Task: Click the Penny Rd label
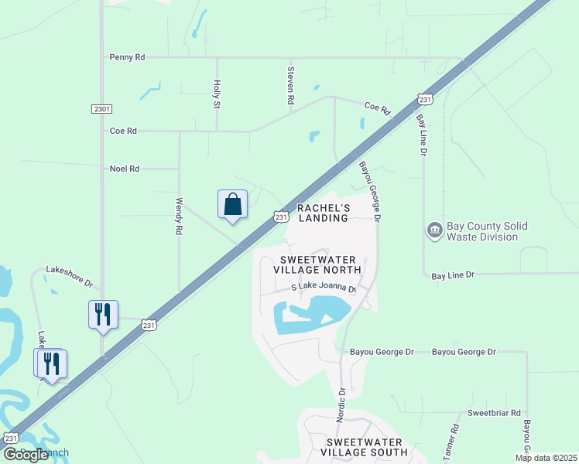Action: pos(127,57)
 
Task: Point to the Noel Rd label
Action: pos(124,168)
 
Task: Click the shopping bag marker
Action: pos(232,205)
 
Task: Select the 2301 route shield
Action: pos(101,109)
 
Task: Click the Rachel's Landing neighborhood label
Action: pos(324,213)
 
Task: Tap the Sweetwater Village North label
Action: pos(317,264)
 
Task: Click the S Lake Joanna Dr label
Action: pos(324,288)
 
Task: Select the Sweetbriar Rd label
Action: pos(494,414)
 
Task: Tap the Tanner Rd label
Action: pos(451,438)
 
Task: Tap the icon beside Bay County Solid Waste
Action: pos(434,230)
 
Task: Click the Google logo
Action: pos(26,455)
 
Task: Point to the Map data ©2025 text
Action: pos(545,458)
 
